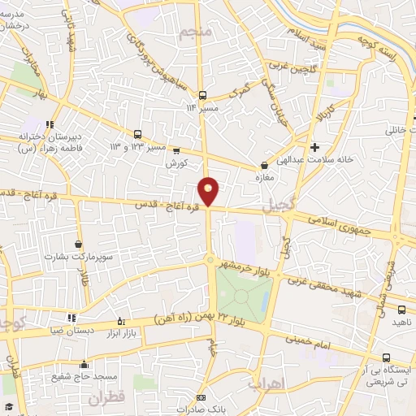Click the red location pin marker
coord(209,191)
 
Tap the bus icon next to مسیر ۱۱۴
coord(202,94)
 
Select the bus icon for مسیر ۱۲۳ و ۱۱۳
coord(137,135)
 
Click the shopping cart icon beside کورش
coord(175,150)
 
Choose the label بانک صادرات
coord(201,409)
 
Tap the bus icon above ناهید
coord(401,309)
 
